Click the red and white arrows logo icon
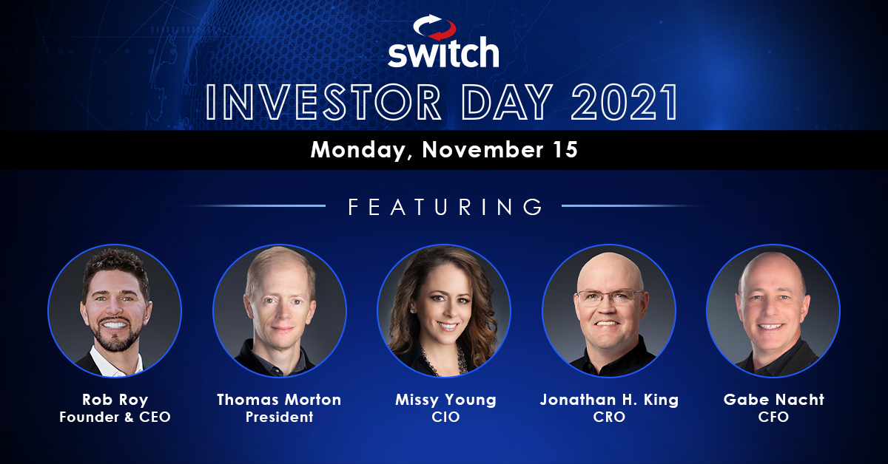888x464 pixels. pos(434,27)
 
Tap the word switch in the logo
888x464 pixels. pos(443,52)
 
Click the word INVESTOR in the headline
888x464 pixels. pos(324,102)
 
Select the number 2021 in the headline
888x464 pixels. pos(625,102)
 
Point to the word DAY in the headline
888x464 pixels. pos(507,102)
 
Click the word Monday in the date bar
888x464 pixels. pos(359,151)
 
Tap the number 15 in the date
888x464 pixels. pos(565,150)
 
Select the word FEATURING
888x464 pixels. pos(445,207)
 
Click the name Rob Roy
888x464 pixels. pos(115,400)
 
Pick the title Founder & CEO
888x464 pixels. pos(115,417)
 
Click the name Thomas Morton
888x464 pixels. pos(279,400)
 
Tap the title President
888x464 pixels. pos(280,417)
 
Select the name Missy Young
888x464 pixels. pos(446,400)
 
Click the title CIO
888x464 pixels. pos(445,417)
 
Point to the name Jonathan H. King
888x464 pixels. pos(609,400)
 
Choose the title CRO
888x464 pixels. pos(609,417)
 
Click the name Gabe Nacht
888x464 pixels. pos(774,400)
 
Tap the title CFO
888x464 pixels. pos(773,417)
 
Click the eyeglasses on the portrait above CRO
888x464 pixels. pos(610,297)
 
